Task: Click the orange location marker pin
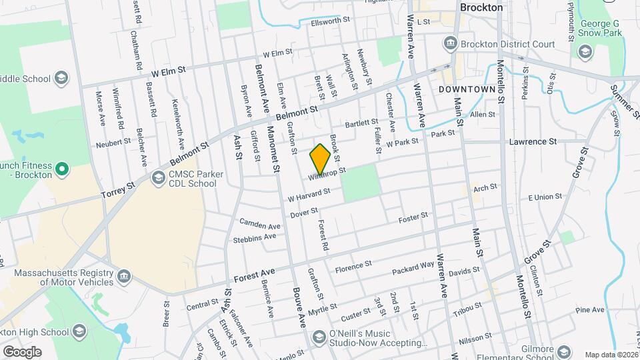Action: (320, 158)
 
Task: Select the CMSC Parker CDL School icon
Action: (159, 177)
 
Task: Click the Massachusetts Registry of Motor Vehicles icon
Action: (123, 276)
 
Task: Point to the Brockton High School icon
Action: (79, 331)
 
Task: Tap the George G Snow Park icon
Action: (585, 51)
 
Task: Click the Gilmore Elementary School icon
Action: (564, 352)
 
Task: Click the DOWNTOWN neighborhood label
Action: (467, 89)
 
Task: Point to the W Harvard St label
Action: (309, 195)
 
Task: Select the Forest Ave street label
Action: (255, 276)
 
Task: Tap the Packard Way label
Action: (413, 266)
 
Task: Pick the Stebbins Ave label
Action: (255, 238)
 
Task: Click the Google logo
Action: (21, 352)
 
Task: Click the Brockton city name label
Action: (481, 7)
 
